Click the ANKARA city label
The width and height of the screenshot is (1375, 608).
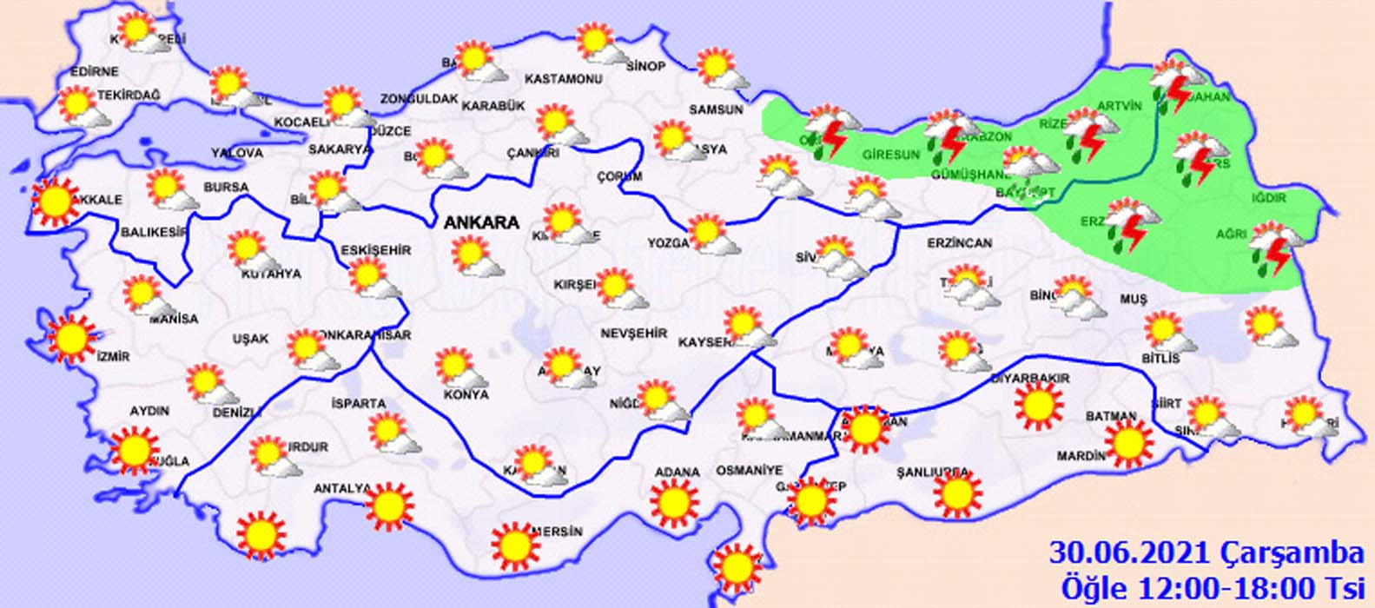pos(481,222)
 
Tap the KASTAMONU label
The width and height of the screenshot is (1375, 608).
pos(564,79)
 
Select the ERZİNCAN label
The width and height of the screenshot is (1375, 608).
pos(959,243)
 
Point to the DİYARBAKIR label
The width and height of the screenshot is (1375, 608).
pos(1030,379)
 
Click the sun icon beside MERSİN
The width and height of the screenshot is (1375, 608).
pos(515,545)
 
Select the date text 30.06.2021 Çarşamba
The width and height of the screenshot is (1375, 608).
pos(1206,552)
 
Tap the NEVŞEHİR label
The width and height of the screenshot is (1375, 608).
pos(633,334)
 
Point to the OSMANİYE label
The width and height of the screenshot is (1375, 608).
pos(749,470)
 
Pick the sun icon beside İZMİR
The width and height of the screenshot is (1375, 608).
pos(72,338)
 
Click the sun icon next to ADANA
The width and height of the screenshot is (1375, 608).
pos(677,503)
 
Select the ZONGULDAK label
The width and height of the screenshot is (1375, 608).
pos(419,99)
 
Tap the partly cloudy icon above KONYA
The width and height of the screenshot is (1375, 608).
pos(459,367)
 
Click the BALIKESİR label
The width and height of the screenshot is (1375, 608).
pos(155,233)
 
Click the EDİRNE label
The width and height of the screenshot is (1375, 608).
pos(71,72)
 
